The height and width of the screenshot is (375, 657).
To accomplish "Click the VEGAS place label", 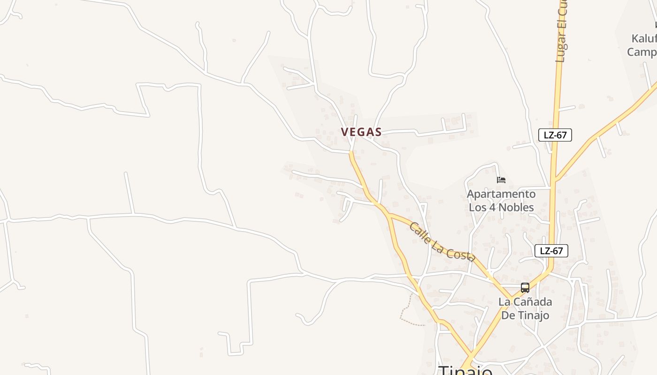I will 361,132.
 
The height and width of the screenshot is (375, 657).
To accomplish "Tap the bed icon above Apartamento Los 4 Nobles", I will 501,180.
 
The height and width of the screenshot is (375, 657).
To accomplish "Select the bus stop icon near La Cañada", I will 525,287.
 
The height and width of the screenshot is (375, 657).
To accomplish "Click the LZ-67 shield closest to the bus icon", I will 551,251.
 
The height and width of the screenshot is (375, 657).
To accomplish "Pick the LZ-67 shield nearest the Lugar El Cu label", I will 555,135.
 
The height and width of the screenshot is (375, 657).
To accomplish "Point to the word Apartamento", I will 501,194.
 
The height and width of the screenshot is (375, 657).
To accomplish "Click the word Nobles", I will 516,207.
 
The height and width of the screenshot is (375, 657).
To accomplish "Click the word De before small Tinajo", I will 508,315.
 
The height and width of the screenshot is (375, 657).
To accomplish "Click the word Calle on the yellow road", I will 420,232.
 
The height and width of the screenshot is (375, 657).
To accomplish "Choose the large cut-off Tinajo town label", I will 466,370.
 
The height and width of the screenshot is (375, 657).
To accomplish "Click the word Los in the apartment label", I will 477,207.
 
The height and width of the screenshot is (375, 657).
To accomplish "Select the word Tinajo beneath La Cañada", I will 533,315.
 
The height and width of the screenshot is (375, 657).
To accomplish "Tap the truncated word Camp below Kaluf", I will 642,52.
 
